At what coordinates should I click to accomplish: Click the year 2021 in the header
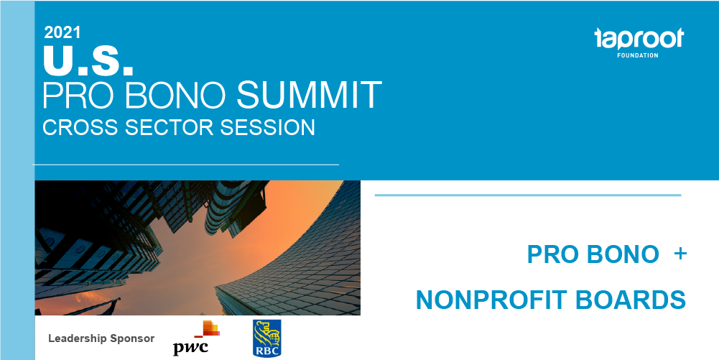click(x=62, y=32)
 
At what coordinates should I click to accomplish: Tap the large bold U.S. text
click(x=88, y=60)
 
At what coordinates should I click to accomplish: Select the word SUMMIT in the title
click(x=309, y=95)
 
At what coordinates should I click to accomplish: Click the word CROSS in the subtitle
click(x=80, y=127)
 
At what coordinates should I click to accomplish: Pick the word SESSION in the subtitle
click(x=267, y=127)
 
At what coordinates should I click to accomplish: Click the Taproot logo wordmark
click(x=639, y=39)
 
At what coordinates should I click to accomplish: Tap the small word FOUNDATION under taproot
click(x=637, y=55)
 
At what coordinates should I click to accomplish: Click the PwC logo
click(x=196, y=338)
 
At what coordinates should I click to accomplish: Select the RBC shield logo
click(x=267, y=338)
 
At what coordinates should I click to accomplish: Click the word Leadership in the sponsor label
click(x=78, y=339)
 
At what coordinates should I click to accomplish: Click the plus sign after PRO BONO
click(x=680, y=254)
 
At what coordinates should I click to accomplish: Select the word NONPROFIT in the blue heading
click(x=491, y=300)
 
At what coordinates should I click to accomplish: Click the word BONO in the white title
click(x=176, y=95)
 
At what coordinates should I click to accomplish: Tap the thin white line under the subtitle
click(x=186, y=164)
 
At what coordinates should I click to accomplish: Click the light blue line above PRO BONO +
click(x=528, y=195)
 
